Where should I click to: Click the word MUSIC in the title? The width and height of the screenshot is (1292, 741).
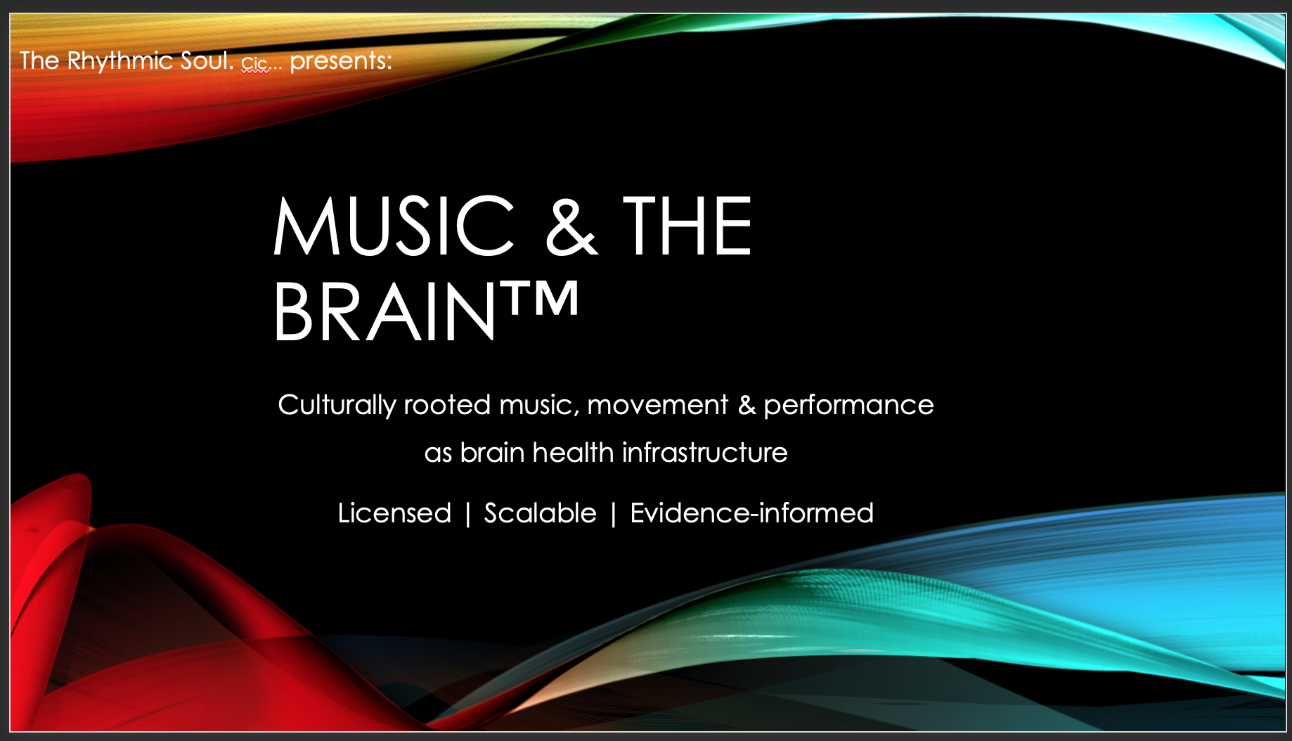click(394, 226)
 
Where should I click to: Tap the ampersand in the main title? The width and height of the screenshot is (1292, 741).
click(571, 226)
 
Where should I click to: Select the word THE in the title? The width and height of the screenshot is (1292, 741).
click(687, 226)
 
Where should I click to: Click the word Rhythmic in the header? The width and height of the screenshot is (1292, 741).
click(120, 61)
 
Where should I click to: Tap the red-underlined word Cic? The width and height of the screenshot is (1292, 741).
click(254, 64)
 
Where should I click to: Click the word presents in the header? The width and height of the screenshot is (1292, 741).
click(341, 62)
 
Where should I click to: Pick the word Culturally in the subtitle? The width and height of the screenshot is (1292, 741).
click(337, 406)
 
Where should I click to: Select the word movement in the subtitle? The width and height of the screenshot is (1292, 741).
click(657, 406)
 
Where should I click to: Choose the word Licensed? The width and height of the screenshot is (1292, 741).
click(394, 513)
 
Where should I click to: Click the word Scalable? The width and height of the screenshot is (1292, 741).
click(540, 513)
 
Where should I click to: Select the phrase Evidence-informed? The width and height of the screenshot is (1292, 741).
click(751, 513)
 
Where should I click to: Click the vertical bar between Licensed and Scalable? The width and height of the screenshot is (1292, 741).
click(467, 514)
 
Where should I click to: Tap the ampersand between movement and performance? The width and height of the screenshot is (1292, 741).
click(746, 406)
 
